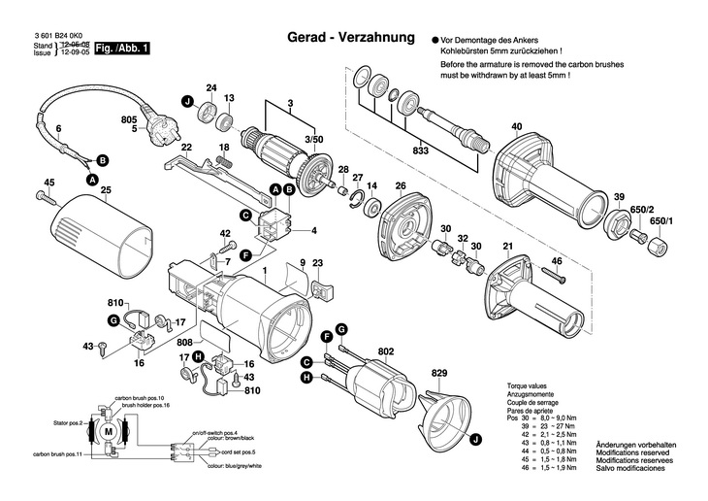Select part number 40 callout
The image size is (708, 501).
tap(516, 126)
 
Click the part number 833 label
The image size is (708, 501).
tap(419, 150)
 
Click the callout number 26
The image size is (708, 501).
tap(400, 185)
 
